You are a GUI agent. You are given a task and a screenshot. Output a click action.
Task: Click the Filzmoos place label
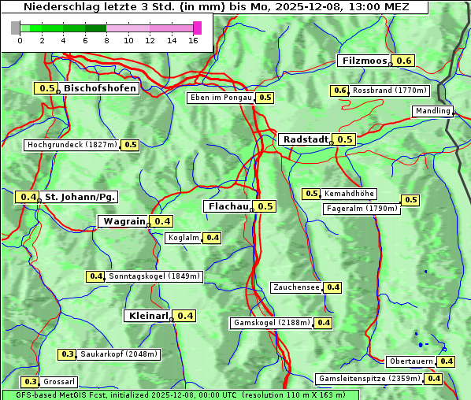coord(364,61)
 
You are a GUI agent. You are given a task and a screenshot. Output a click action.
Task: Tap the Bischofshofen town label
coord(100,88)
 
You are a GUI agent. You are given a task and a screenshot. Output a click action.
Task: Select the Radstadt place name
coord(305,139)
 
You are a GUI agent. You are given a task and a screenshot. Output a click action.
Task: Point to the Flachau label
coord(227,206)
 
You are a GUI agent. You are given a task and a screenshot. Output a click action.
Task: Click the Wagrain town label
coord(124,221)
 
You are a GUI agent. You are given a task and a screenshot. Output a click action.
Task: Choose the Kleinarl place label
coord(147,316)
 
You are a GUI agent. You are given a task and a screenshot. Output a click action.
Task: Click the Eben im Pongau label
coord(220,98)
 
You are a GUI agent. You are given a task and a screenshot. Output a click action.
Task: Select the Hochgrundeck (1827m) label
coord(72,145)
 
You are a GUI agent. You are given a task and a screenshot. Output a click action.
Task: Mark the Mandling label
coord(432,112)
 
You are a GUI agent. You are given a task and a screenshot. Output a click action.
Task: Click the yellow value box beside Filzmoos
coord(404,61)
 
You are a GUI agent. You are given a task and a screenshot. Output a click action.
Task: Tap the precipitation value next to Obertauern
coord(447,361)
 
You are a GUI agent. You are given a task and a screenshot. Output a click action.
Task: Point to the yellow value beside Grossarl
coord(31,382)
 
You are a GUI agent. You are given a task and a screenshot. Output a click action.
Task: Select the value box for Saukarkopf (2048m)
coord(68,354)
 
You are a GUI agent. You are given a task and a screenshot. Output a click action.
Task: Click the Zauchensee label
coord(296,287)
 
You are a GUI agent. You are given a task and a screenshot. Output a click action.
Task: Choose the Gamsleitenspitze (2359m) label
coord(369,379)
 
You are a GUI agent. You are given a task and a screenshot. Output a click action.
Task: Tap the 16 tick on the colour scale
coord(193,40)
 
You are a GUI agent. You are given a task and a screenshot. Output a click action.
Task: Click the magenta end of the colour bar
coord(198,28)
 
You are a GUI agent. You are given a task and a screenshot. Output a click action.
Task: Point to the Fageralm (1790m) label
coord(362,209)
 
